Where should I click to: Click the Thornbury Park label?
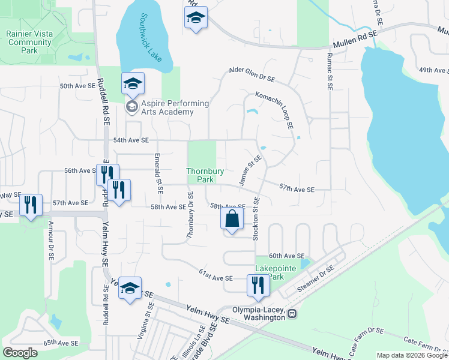[205, 175]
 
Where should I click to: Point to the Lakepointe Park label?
[276, 272]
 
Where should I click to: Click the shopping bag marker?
[232, 220]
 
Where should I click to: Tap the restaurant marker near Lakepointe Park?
[258, 286]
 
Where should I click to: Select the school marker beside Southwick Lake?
[133, 83]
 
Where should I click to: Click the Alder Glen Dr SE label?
[252, 74]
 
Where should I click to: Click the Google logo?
[20, 353]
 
